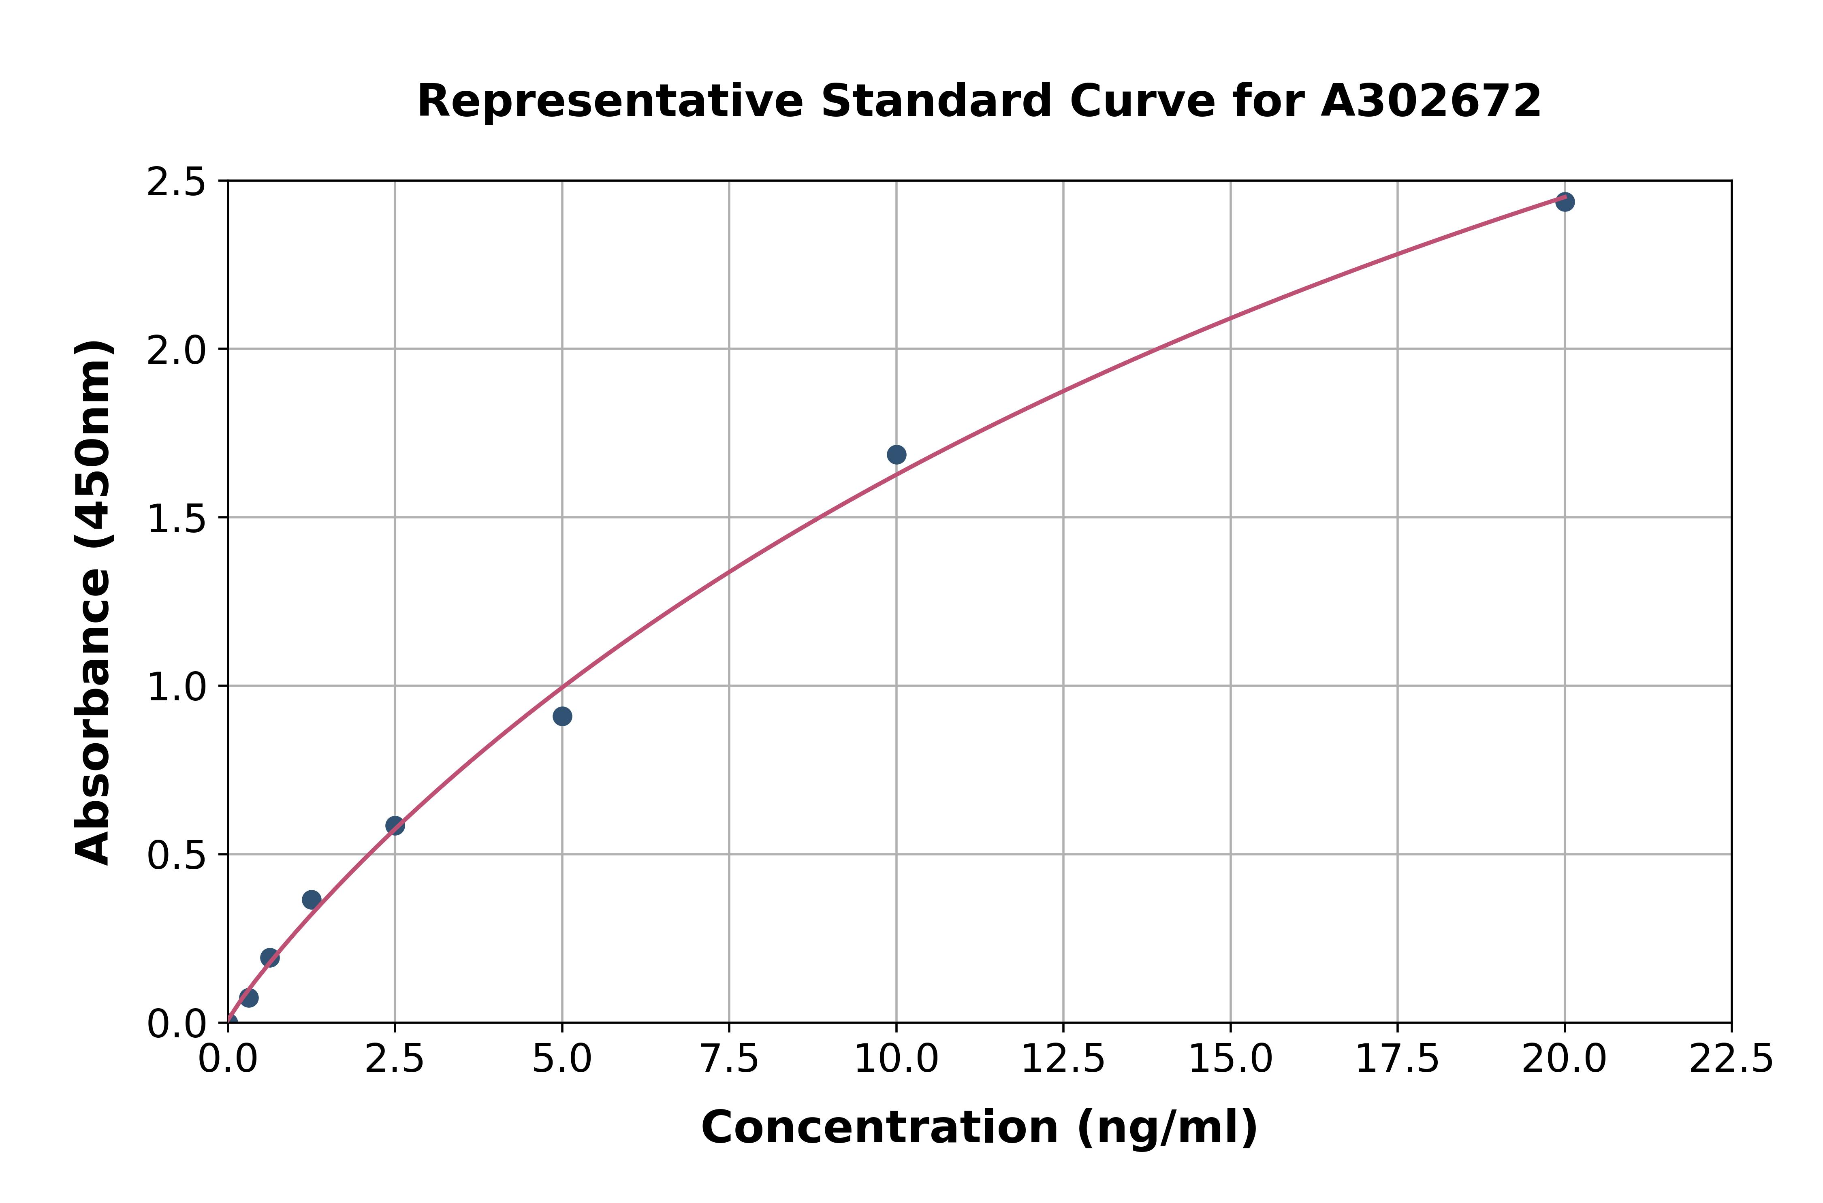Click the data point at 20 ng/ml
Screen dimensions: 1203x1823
[x=1565, y=202]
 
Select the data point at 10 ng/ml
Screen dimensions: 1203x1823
[x=896, y=455]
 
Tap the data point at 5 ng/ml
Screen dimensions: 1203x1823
[x=562, y=717]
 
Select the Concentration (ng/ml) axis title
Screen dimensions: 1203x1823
[x=980, y=1128]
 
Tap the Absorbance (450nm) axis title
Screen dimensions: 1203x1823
[x=94, y=602]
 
